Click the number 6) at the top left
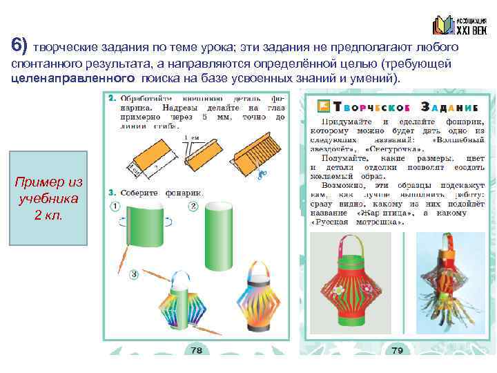coord(19,46)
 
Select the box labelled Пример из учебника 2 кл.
coord(48,198)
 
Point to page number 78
coord(197,351)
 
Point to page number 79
coord(398,351)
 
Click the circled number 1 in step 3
coord(115,207)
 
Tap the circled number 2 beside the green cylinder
coord(194,207)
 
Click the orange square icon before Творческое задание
coord(322,106)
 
